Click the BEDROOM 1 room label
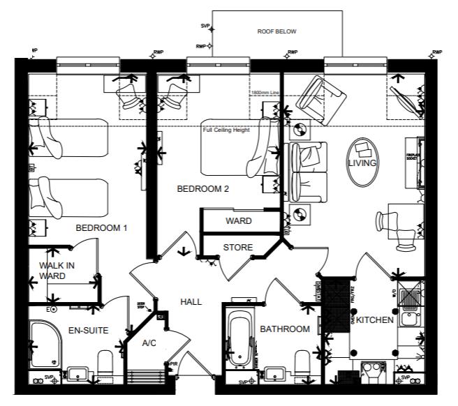coord(102,228)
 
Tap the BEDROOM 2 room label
coord(202,188)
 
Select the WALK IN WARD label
coord(57,271)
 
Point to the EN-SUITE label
coord(88,330)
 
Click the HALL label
coord(191,302)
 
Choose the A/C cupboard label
coord(149,343)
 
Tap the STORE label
coord(237,248)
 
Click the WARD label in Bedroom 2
coord(238,221)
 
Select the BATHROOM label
coord(285,329)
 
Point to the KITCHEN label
coord(376,320)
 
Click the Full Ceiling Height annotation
coord(227,129)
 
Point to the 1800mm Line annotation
coord(265,91)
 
